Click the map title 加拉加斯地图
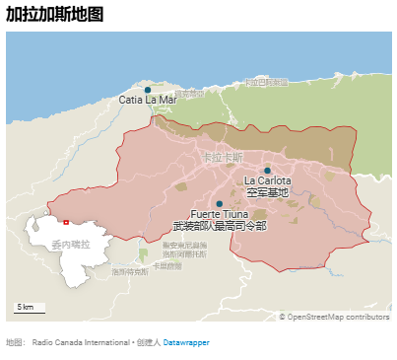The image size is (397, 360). pyautogui.click(x=54, y=15)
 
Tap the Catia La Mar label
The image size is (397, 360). pyautogui.click(x=148, y=100)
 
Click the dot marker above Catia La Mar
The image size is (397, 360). pyautogui.click(x=148, y=90)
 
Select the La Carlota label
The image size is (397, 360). pyautogui.click(x=267, y=180)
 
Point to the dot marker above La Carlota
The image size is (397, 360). pyautogui.click(x=267, y=171)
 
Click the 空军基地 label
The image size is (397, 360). pyautogui.click(x=267, y=192)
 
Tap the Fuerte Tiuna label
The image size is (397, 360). pyautogui.click(x=220, y=214)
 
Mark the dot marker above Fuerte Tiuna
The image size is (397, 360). pyautogui.click(x=220, y=204)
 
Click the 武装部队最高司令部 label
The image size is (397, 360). pyautogui.click(x=220, y=226)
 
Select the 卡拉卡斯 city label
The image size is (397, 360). pyautogui.click(x=222, y=158)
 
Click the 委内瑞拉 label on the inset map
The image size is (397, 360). pyautogui.click(x=70, y=244)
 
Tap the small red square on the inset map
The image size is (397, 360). pyautogui.click(x=66, y=222)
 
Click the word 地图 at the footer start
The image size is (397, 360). pyautogui.click(x=14, y=342)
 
